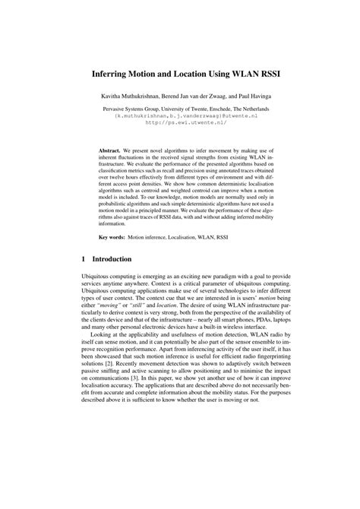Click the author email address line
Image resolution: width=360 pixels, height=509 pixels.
(x=179, y=116)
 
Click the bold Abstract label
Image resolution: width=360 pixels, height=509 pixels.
(x=112, y=151)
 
